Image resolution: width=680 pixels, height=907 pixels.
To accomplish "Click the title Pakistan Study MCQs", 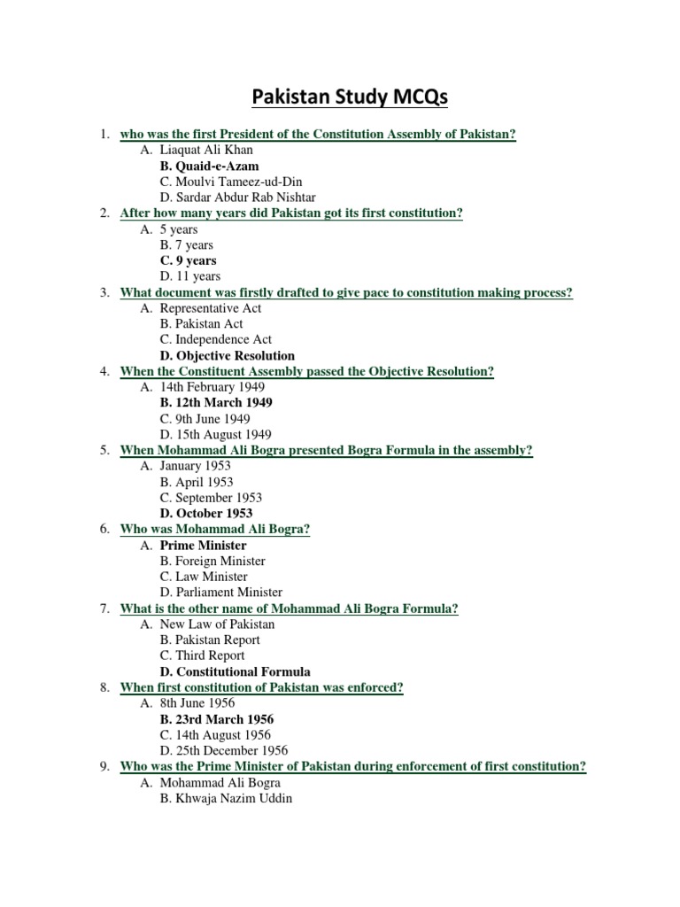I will (x=350, y=96).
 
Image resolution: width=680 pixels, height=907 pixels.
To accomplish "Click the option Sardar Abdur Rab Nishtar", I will (x=237, y=198).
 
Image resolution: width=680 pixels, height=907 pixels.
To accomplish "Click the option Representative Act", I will (x=211, y=308).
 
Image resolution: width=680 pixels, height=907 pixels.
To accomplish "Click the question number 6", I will (x=104, y=529).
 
